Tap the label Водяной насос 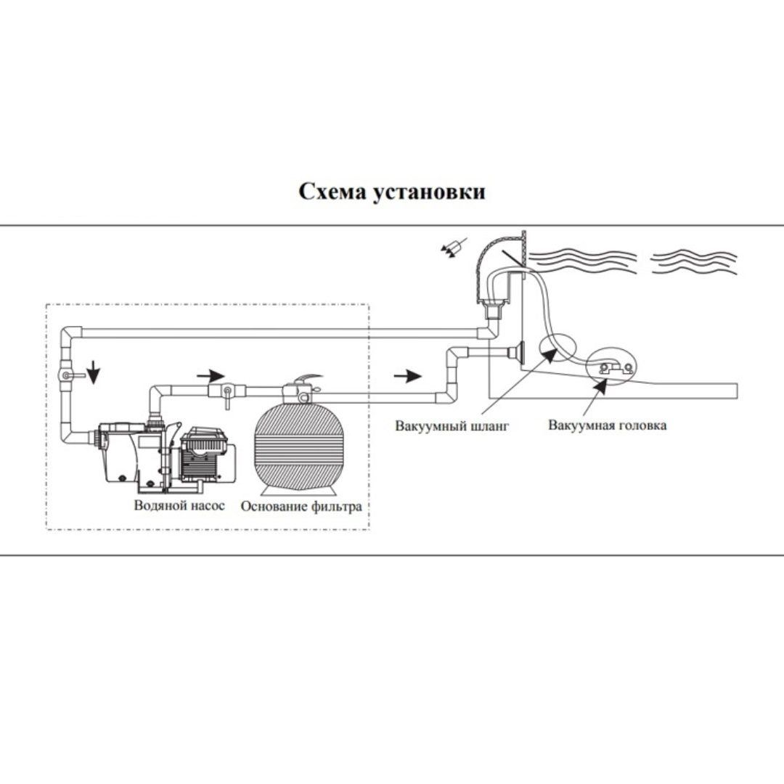pyautogui.click(x=179, y=505)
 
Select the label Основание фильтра pyautogui.click(x=301, y=506)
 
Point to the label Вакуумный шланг pyautogui.click(x=452, y=425)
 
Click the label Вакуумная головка pyautogui.click(x=607, y=425)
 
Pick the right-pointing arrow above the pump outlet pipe pyautogui.click(x=210, y=375)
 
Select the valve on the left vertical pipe pyautogui.click(x=66, y=375)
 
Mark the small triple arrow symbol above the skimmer pyautogui.click(x=450, y=249)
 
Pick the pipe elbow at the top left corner pyautogui.click(x=70, y=335)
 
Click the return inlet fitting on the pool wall pyautogui.click(x=518, y=353)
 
